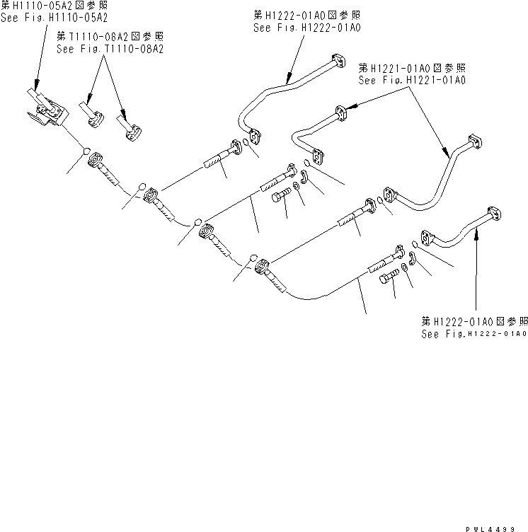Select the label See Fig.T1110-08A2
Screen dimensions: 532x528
(110, 50)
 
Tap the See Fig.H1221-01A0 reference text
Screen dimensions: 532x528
(412, 80)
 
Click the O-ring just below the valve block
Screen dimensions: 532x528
(85, 151)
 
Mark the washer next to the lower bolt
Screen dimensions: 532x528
(403, 267)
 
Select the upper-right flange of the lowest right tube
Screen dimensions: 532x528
(495, 214)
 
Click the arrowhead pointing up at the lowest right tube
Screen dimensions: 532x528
(476, 238)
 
